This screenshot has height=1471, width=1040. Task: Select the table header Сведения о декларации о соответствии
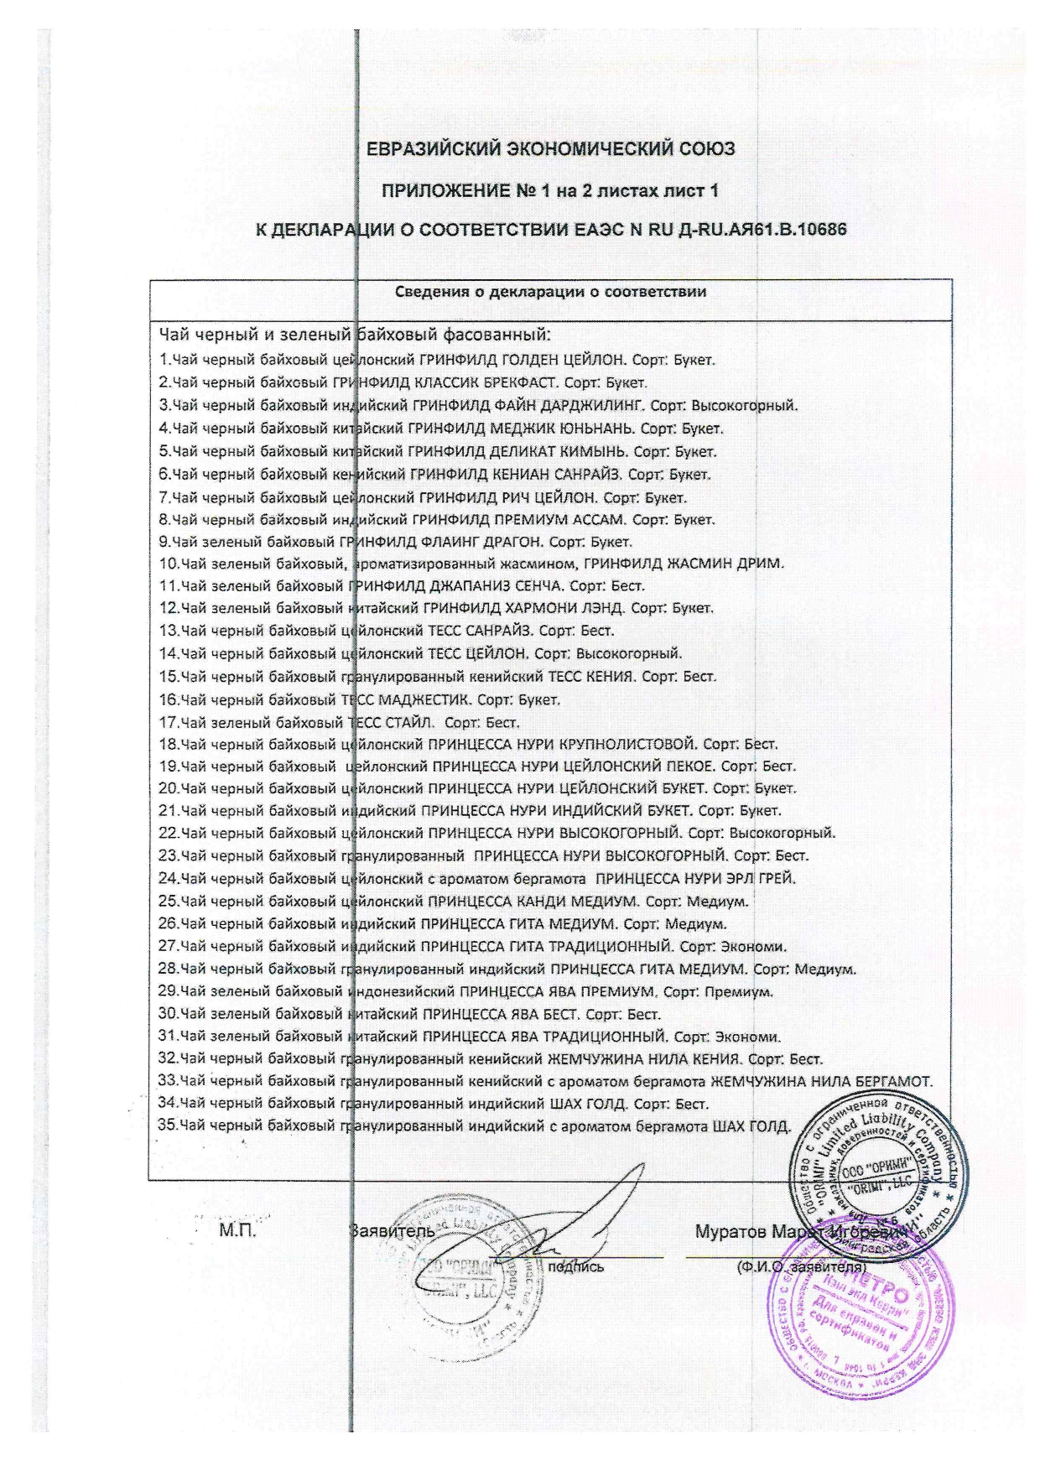550,293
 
